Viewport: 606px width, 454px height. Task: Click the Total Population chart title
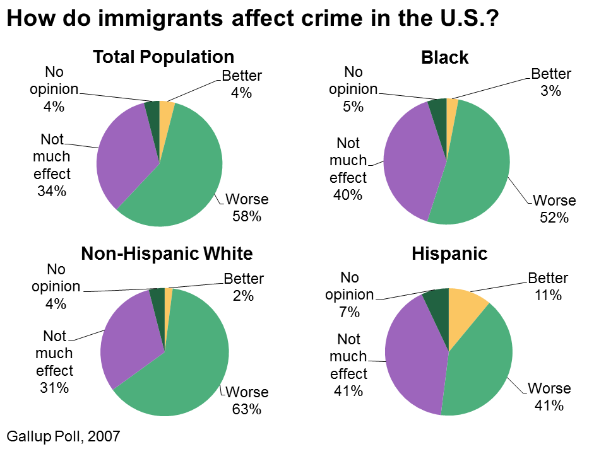click(163, 57)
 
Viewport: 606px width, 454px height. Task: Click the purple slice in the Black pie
click(410, 164)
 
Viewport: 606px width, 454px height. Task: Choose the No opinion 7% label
click(349, 294)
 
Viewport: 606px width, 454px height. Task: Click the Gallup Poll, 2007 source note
click(62, 435)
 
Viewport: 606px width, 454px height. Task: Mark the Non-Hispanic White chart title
click(167, 254)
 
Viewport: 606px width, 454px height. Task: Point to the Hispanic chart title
click(449, 254)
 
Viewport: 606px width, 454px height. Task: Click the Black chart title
click(444, 58)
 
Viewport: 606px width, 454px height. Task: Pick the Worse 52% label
click(555, 209)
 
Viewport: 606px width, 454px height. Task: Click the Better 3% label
click(551, 83)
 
